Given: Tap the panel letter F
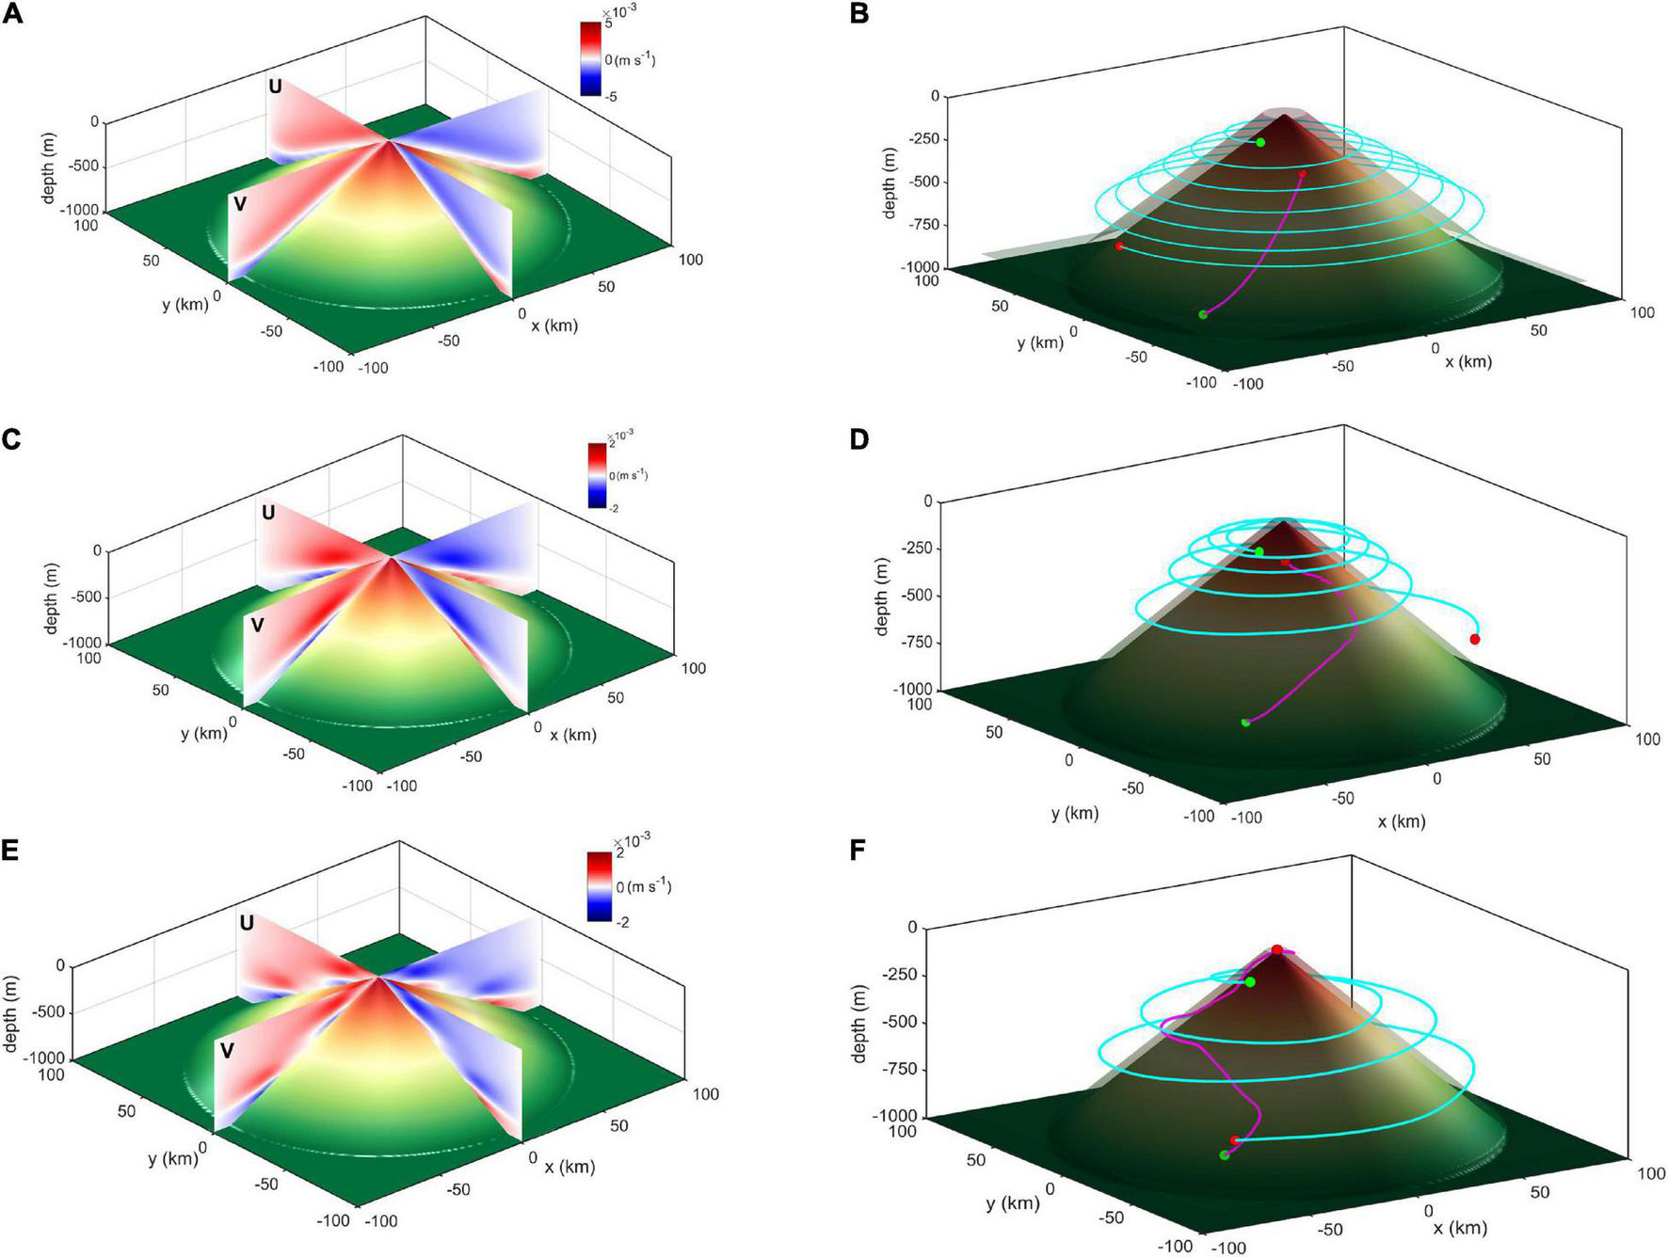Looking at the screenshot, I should [x=858, y=851].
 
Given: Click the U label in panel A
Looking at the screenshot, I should [x=275, y=87].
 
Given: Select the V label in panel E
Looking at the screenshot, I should [x=227, y=1051].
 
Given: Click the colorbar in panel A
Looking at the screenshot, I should [x=591, y=58].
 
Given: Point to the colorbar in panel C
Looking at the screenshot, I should [x=596, y=475].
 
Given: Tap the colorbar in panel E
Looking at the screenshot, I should [x=599, y=885].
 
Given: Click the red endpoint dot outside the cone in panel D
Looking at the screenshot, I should [x=1475, y=640].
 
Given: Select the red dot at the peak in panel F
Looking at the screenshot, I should [x=1277, y=950].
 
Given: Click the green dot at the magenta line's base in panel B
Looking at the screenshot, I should [x=1203, y=314].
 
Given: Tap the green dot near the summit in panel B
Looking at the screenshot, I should [x=1260, y=142].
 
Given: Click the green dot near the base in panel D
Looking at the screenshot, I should [x=1245, y=723].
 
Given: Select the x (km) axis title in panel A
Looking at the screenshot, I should [x=554, y=326].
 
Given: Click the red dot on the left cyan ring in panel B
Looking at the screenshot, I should [x=1119, y=247].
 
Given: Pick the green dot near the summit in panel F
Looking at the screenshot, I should [x=1250, y=982].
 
